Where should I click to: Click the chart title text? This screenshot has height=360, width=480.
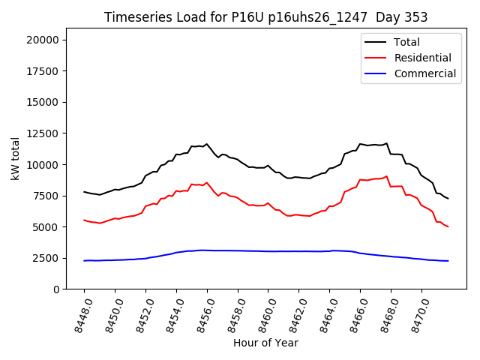266,17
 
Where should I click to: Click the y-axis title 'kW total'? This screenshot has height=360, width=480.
15,158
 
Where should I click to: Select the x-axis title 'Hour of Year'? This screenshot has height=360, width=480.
265,343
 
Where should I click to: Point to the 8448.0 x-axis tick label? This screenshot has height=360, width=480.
79,313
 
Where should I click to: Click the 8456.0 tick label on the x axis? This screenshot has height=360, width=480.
202,313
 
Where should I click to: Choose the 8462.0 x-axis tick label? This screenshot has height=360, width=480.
293,313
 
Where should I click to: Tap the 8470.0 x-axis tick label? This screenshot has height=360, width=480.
416,313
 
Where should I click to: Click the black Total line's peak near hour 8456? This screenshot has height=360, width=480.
207,144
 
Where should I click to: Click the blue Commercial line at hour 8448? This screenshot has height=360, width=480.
84,260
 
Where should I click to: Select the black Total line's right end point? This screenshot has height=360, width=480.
448,198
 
